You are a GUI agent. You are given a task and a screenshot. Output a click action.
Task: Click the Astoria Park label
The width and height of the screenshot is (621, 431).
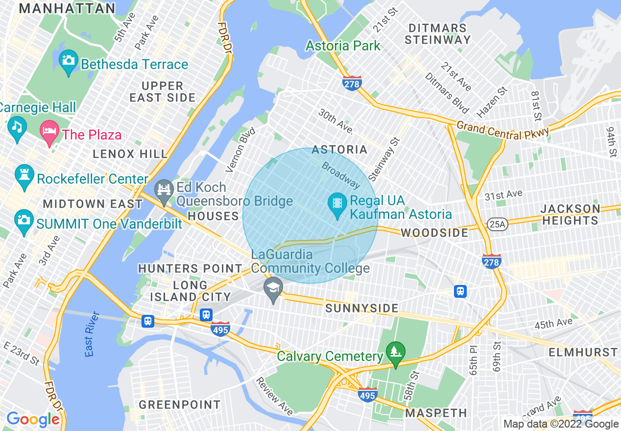pos(343,46)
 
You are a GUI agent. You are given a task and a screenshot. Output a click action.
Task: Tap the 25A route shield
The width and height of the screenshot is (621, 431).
pos(496,224)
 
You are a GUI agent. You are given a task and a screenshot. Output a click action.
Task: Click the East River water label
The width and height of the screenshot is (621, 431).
pos(89,334)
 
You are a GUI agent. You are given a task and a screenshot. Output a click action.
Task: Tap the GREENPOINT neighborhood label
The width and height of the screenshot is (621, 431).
pos(180,405)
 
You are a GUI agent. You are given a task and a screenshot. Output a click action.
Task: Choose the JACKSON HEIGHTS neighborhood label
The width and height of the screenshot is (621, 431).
pos(570,215)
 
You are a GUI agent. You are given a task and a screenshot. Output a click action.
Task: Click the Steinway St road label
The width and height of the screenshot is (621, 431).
pos(384,158)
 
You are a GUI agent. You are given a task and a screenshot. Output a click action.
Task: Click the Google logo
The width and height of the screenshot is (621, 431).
pos(33,419)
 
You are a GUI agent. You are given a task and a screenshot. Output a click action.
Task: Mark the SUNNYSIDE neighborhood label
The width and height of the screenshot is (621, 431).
pos(362,308)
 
